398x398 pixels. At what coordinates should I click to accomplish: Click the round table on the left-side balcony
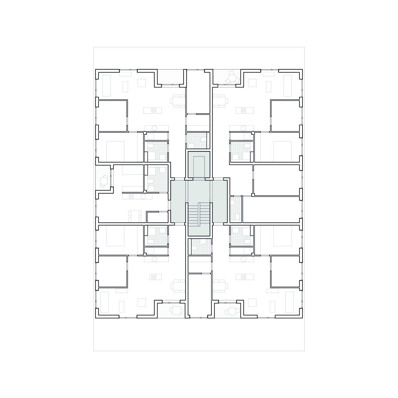[x=103, y=181]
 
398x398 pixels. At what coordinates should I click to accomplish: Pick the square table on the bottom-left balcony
[x=176, y=310]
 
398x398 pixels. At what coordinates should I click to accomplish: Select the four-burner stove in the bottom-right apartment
[x=243, y=277]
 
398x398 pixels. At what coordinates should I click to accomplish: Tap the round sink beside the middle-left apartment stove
[x=143, y=197]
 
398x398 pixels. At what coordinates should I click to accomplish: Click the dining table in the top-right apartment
[x=220, y=101]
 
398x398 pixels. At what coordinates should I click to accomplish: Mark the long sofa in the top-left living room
[x=106, y=85]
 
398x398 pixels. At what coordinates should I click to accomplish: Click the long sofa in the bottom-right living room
[x=289, y=302]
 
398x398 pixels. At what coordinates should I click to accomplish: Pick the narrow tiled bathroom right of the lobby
[x=236, y=209]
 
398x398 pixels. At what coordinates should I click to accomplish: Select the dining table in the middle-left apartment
[x=135, y=215]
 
